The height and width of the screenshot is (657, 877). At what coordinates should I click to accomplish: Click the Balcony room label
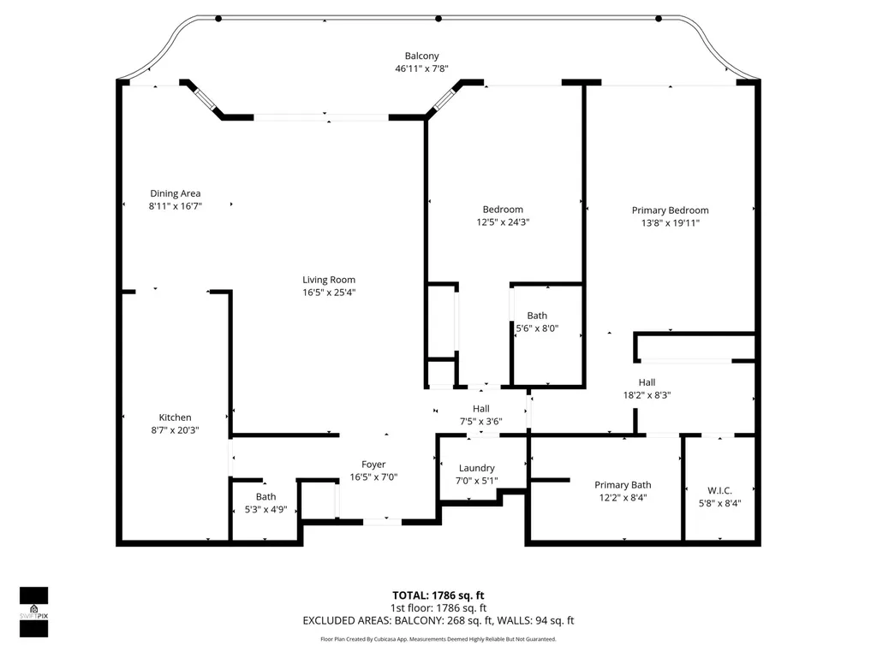point(421,56)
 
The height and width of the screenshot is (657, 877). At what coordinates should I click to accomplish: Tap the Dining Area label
point(175,193)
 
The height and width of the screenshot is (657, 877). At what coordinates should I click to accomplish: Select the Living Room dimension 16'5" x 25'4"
point(329,293)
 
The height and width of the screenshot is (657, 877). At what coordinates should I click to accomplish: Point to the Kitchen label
point(175,417)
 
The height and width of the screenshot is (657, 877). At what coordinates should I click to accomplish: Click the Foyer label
point(373,465)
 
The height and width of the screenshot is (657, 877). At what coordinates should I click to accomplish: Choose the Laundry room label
point(476,468)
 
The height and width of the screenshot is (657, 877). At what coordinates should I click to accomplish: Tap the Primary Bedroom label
point(670,210)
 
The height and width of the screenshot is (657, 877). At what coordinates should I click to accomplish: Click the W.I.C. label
point(719,490)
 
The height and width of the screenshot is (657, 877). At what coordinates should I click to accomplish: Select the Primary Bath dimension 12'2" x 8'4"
point(623,498)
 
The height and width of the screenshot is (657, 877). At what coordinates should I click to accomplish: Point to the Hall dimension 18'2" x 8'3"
point(647,395)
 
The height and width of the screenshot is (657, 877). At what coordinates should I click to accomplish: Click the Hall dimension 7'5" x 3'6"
point(481,422)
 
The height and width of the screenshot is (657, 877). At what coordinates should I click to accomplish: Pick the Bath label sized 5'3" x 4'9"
point(265,497)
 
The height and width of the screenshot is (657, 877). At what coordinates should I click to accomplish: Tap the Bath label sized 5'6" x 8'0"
point(537,316)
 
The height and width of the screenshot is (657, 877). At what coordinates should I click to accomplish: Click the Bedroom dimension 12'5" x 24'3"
point(503,222)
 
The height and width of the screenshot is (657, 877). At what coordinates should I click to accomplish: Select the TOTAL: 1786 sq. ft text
point(438,595)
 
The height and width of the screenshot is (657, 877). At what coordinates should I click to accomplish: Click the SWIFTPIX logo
point(34,612)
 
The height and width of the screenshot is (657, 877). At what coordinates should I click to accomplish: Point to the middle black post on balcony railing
point(438,19)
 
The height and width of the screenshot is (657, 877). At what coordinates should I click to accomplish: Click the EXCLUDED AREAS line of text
point(438,621)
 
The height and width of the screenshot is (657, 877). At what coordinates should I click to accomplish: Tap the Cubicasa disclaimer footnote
point(438,639)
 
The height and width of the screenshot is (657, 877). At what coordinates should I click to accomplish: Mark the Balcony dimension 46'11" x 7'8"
point(421,68)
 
